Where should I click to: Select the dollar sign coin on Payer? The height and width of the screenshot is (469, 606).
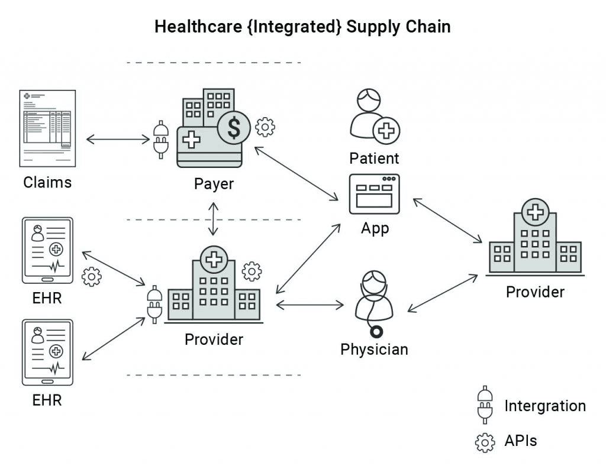(234, 128)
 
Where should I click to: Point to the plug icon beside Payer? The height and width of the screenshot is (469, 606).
(159, 140)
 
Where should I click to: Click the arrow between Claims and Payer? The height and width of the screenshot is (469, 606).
(118, 140)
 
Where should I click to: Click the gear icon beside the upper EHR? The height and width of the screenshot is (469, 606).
(91, 277)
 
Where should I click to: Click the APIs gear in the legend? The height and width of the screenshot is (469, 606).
(485, 441)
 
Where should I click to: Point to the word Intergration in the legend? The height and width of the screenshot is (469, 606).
(544, 406)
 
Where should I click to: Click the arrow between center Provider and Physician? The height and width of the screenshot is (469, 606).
(310, 305)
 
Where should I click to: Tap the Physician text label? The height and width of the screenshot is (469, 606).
(374, 349)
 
